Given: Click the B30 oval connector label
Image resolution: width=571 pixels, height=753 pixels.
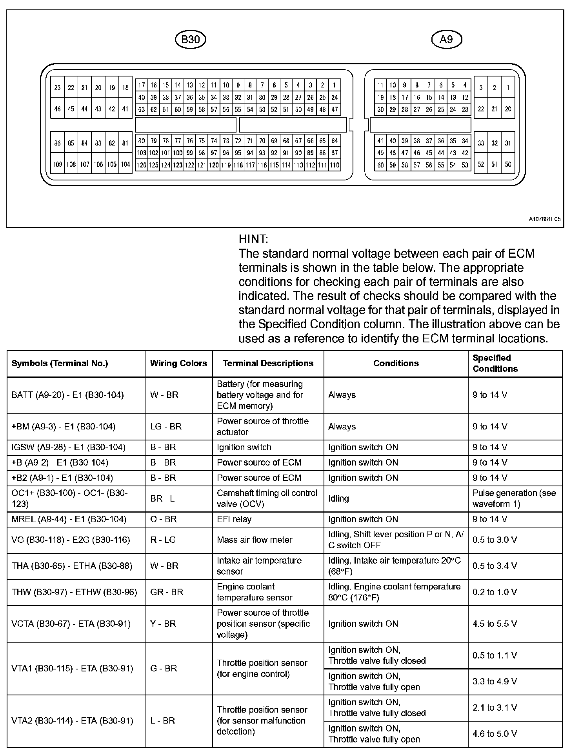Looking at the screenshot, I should pyautogui.click(x=191, y=39).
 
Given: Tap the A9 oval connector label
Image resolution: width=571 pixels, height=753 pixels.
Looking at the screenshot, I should pyautogui.click(x=447, y=39).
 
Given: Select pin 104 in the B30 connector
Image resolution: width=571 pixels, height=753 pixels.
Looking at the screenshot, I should pyautogui.click(x=125, y=164).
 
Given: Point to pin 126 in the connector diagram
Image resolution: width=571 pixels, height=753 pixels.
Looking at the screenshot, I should pyautogui.click(x=142, y=165).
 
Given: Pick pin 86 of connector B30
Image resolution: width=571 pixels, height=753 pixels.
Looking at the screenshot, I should pyautogui.click(x=58, y=143).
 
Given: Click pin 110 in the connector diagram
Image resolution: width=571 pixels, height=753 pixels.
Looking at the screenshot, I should pyautogui.click(x=335, y=165).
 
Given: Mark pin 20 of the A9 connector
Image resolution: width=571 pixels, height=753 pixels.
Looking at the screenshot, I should pyautogui.click(x=508, y=109).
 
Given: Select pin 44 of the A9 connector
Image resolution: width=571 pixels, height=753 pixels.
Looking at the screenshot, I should pyautogui.click(x=441, y=153).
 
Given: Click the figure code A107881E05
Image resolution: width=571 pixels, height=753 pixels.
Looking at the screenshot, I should pyautogui.click(x=544, y=220).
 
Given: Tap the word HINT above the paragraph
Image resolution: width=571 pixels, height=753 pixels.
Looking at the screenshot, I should pyautogui.click(x=253, y=239).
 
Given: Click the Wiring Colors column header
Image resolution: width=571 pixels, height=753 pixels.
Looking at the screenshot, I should pyautogui.click(x=178, y=363).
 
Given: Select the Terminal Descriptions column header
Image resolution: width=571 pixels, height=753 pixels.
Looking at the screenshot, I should pyautogui.click(x=268, y=363).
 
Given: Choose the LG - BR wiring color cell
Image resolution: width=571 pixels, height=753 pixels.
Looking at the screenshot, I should pyautogui.click(x=166, y=426).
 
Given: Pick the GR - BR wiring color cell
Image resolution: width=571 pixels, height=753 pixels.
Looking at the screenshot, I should pyautogui.click(x=167, y=592).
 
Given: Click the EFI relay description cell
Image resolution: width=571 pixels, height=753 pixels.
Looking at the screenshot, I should pyautogui.click(x=234, y=519).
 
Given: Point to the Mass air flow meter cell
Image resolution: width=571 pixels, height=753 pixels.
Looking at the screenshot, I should pyautogui.click(x=255, y=540).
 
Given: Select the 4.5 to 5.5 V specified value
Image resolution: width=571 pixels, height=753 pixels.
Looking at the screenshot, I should pyautogui.click(x=495, y=624).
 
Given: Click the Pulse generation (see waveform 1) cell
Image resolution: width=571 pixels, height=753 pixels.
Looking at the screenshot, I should pyautogui.click(x=514, y=498).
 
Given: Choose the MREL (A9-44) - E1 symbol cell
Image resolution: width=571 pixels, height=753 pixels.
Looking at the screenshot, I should pyautogui.click(x=69, y=519).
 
